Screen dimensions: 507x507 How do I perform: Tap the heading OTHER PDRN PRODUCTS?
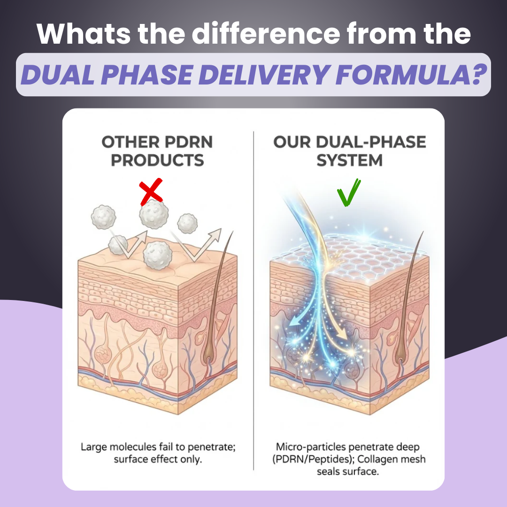[x=157, y=151]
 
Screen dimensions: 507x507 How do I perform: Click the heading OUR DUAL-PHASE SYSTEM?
[x=350, y=151]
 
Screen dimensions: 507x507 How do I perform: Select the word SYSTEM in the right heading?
[x=350, y=161]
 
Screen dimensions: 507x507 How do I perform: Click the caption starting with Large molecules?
[x=158, y=453]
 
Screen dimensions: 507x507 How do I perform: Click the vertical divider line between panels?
[x=253, y=300]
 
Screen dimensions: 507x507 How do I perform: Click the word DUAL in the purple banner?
[x=55, y=75]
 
